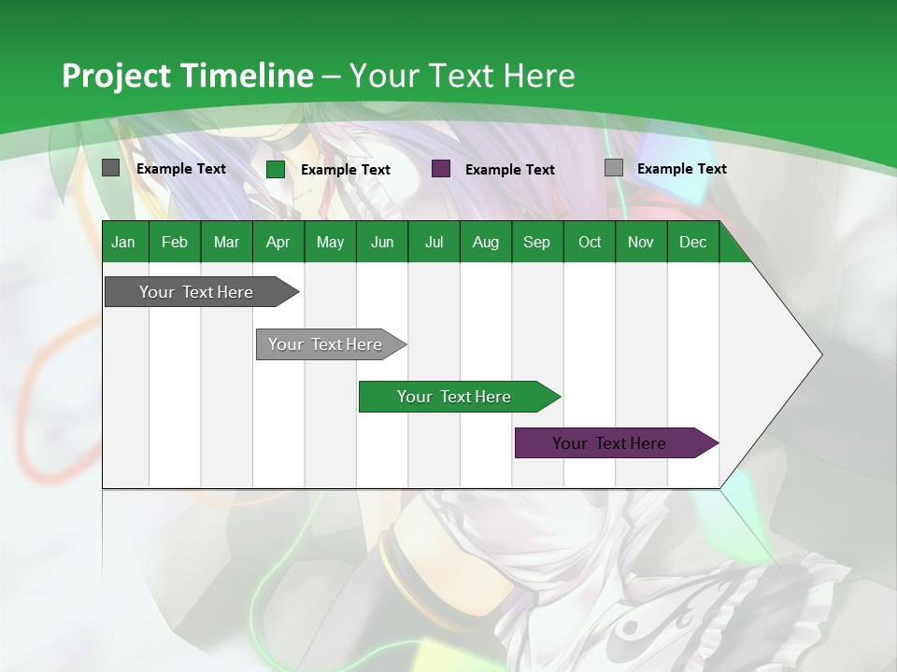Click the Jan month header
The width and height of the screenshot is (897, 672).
(x=123, y=243)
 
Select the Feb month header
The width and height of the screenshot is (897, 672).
(x=175, y=243)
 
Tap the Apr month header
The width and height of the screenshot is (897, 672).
(x=278, y=243)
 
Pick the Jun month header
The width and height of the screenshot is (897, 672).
(x=382, y=243)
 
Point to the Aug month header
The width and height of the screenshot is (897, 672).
(x=485, y=243)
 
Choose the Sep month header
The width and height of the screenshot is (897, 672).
(x=536, y=243)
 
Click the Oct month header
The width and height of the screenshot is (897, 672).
(x=590, y=243)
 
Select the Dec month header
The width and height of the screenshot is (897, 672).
(x=692, y=243)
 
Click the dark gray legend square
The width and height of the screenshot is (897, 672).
(x=111, y=168)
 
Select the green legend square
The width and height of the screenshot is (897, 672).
(x=276, y=169)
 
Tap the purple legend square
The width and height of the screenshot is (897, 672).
(x=441, y=169)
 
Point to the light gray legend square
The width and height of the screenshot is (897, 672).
(x=614, y=168)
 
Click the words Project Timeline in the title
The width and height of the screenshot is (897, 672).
(x=187, y=76)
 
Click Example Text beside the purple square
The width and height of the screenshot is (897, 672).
(x=509, y=170)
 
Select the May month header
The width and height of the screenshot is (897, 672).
(x=330, y=243)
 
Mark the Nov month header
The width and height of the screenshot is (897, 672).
(x=641, y=243)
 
